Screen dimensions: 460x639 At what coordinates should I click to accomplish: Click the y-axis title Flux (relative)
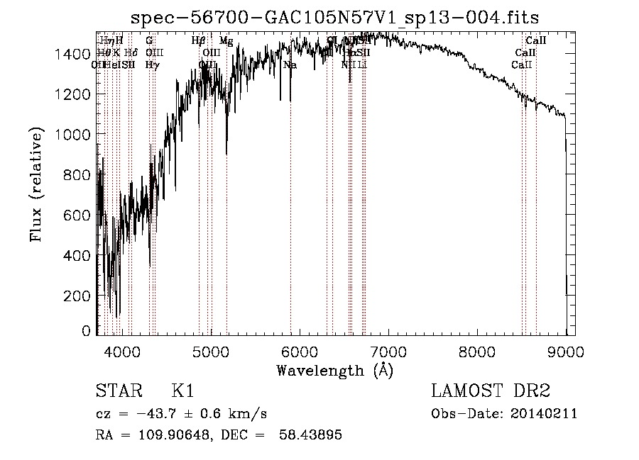[36, 186]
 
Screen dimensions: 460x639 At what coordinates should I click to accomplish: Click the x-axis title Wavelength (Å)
[334, 370]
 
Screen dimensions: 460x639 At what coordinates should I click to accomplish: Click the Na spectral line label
[290, 64]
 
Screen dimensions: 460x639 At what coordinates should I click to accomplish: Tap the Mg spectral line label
[226, 41]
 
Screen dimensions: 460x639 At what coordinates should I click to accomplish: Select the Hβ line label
[199, 41]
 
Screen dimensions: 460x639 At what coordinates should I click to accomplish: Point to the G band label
[149, 41]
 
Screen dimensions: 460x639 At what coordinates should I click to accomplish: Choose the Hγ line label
[152, 64]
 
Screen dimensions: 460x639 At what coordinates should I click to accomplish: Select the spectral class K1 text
[182, 392]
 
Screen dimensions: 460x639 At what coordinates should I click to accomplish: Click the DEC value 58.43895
[312, 435]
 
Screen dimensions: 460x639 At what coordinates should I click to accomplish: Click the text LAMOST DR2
[491, 392]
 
